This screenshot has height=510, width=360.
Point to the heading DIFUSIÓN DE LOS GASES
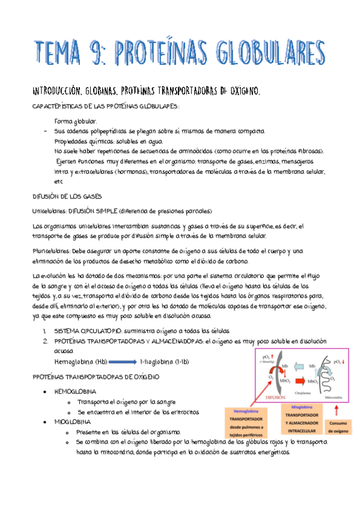[70, 196]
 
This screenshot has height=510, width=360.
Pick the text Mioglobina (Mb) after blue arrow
[164, 362]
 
